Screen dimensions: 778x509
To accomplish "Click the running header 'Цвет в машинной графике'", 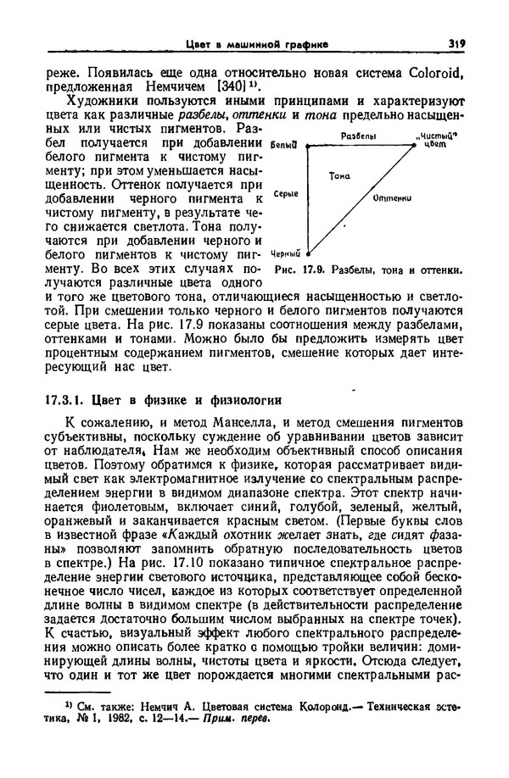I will (258, 44).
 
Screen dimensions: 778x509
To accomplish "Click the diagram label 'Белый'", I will (283, 147).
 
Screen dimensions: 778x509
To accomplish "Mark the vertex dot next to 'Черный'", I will (307, 253).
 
